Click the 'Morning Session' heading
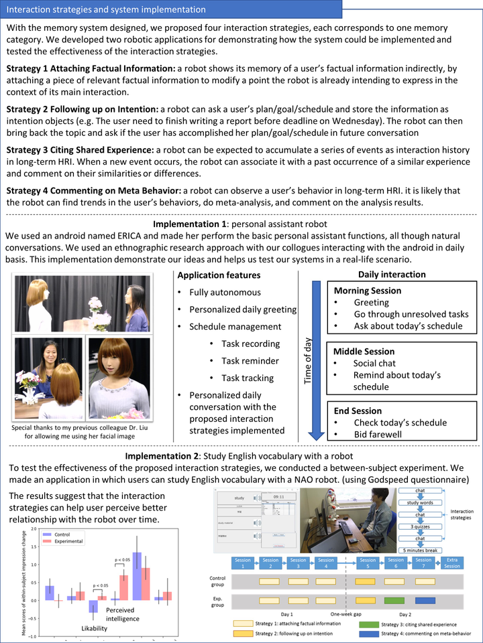[367, 291]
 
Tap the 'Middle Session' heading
[364, 351]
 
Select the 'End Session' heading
[358, 411]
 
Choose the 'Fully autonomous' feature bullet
[225, 292]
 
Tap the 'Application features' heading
[218, 275]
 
